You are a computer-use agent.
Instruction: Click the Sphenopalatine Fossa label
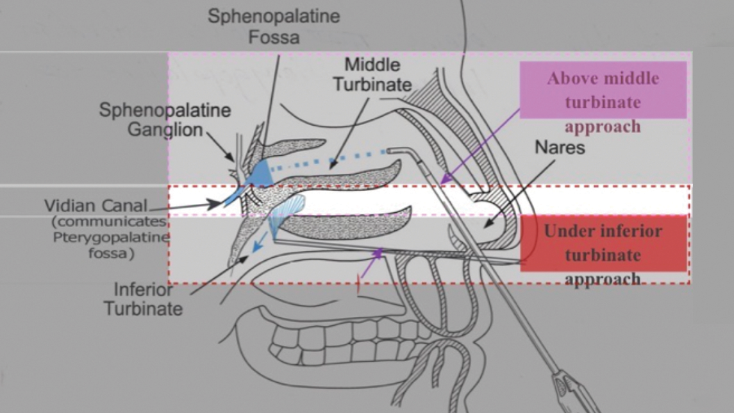(274, 26)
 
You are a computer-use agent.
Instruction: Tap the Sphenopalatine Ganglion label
(164, 119)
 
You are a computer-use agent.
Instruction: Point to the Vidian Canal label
(96, 206)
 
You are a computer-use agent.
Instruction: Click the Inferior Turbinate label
(143, 299)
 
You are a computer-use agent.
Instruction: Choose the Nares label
(560, 147)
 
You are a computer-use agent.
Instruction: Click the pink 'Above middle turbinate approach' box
(603, 90)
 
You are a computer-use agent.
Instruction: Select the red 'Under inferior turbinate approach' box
(603, 244)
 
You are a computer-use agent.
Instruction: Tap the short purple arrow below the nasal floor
(371, 265)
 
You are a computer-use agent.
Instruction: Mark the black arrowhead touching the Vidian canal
(217, 204)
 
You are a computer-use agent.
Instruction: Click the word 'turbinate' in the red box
(603, 255)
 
